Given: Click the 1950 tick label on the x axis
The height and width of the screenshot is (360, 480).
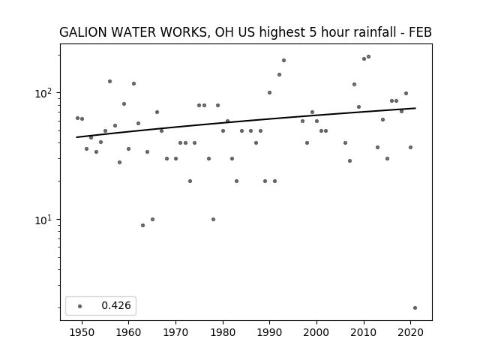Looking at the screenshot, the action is pyautogui.click(x=82, y=332).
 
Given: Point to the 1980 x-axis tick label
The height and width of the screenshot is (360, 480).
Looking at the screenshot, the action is pyautogui.click(x=223, y=332).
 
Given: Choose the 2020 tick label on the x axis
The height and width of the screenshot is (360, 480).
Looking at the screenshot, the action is pyautogui.click(x=410, y=332).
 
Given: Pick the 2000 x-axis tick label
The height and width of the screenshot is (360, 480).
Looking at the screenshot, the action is pyautogui.click(x=316, y=332).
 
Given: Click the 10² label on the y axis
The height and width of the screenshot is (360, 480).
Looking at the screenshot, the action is pyautogui.click(x=44, y=93).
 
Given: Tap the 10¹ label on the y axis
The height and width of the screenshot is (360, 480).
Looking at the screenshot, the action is pyautogui.click(x=44, y=220).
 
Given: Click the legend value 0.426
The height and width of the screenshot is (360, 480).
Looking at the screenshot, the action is pyautogui.click(x=116, y=305).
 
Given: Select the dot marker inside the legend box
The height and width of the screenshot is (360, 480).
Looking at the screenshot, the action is pyautogui.click(x=79, y=306).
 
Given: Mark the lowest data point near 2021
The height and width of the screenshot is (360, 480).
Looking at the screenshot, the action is pyautogui.click(x=415, y=307).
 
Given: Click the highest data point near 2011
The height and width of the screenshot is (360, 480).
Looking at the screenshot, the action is pyautogui.click(x=368, y=57).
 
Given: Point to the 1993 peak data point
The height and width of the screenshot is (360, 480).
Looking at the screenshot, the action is pyautogui.click(x=283, y=60).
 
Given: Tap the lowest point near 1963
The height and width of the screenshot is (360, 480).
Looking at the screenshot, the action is pyautogui.click(x=142, y=225).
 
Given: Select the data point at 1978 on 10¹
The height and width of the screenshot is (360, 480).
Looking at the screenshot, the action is pyautogui.click(x=213, y=219).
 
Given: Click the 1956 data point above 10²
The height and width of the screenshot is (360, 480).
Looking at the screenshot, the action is pyautogui.click(x=109, y=82).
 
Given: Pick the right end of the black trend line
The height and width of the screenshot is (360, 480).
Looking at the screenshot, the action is pyautogui.click(x=415, y=108).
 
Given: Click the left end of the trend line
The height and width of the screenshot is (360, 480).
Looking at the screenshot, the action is pyautogui.click(x=76, y=137).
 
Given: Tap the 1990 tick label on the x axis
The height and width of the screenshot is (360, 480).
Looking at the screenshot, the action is pyautogui.click(x=269, y=332).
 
